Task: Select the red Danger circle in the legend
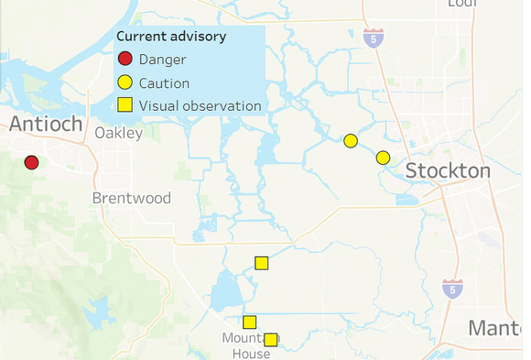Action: pyautogui.click(x=125, y=60)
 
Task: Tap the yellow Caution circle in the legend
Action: pyautogui.click(x=125, y=83)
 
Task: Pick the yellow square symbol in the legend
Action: pyautogui.click(x=125, y=106)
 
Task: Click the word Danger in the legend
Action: pyautogui.click(x=163, y=60)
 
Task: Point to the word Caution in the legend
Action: pyautogui.click(x=165, y=83)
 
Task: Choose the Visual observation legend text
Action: pyautogui.click(x=200, y=106)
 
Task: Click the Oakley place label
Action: pyautogui.click(x=119, y=134)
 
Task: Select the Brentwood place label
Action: pyautogui.click(x=132, y=198)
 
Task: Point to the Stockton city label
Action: pyautogui.click(x=448, y=171)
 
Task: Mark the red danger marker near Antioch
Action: pyautogui.click(x=31, y=162)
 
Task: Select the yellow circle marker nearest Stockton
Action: pyautogui.click(x=383, y=158)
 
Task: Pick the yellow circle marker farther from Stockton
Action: pyautogui.click(x=350, y=140)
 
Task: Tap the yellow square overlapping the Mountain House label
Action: pyautogui.click(x=271, y=340)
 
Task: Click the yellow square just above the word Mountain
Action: pyautogui.click(x=249, y=322)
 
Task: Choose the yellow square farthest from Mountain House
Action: pyautogui.click(x=261, y=263)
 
